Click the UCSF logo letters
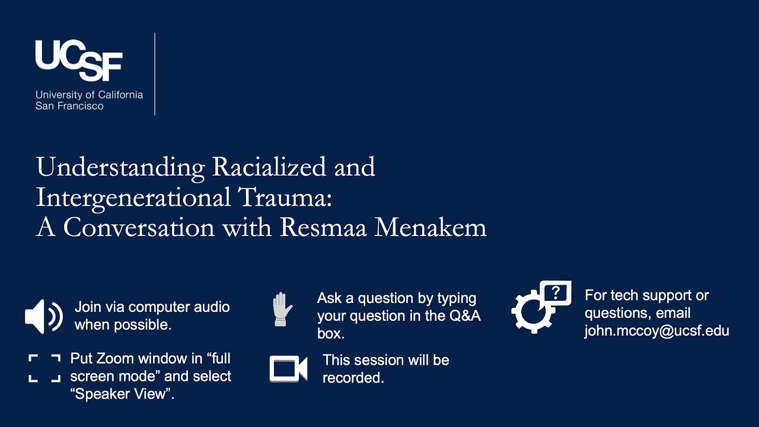[79, 60]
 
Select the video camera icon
[288, 368]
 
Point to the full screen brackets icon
[44, 368]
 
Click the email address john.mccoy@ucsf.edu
[656, 331]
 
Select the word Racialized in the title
[268, 167]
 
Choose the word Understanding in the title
[120, 168]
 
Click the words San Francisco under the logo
[69, 106]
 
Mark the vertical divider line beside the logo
[155, 74]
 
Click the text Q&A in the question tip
[464, 316]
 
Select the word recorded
[353, 378]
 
